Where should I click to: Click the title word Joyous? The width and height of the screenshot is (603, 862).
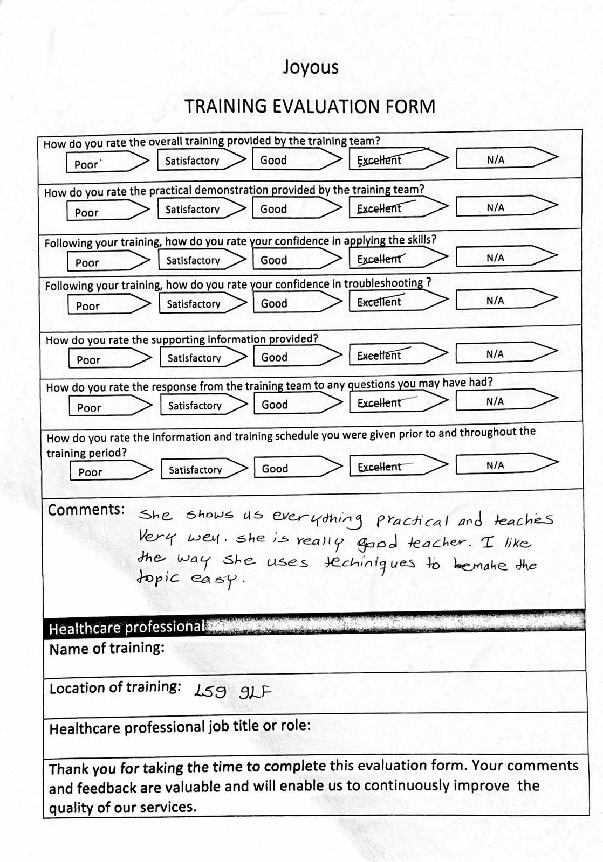click(311, 67)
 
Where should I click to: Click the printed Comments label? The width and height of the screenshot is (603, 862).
click(86, 510)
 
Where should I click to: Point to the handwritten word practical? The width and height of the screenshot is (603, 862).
click(412, 520)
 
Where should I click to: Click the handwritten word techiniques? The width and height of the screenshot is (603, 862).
click(369, 564)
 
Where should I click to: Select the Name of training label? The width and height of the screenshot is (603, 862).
click(107, 648)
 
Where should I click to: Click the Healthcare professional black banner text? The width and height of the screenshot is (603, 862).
click(126, 628)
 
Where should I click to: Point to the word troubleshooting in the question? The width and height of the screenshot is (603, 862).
click(383, 283)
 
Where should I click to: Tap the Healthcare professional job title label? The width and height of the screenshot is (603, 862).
click(180, 728)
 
